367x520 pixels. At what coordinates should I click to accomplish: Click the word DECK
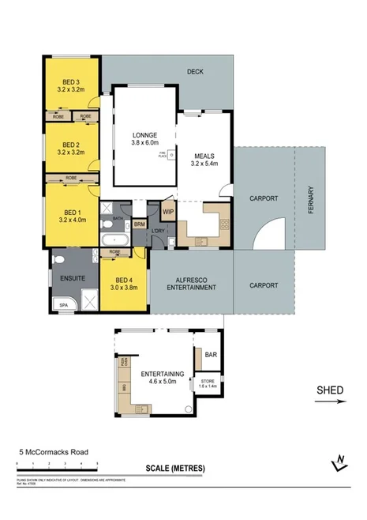pos(195,72)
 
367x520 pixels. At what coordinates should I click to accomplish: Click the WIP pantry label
pos(167,212)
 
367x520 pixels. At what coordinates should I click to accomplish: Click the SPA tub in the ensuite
pos(60,303)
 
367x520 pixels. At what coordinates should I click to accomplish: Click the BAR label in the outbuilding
pos(211,355)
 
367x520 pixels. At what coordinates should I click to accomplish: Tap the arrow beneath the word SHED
pos(330,401)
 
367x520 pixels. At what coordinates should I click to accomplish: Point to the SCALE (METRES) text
pos(174,468)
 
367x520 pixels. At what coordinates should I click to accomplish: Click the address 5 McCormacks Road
pos(53,453)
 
